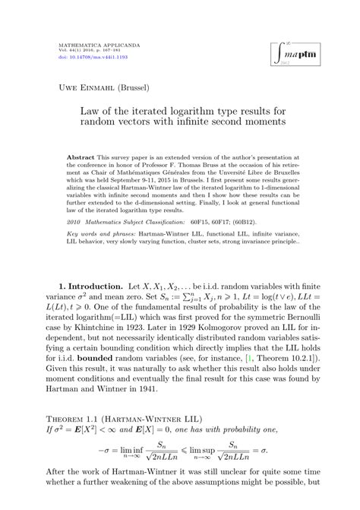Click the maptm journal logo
(296, 54)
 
